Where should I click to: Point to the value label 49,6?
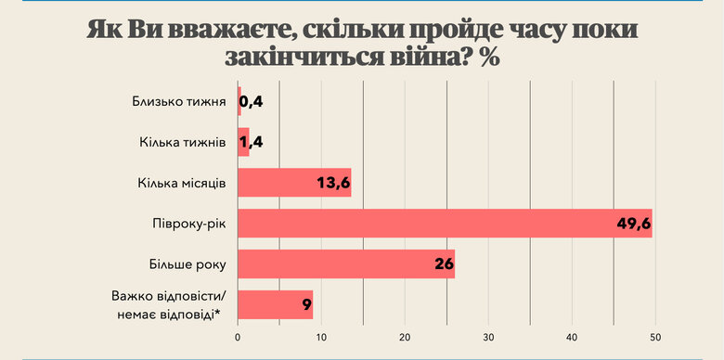(x=633, y=224)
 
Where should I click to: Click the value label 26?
(x=444, y=264)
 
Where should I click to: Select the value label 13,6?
(x=333, y=183)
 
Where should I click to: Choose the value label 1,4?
(x=252, y=143)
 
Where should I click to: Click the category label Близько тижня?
(x=180, y=101)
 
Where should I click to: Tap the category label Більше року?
(x=188, y=264)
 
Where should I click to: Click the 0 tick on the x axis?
(x=239, y=336)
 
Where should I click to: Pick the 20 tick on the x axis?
(x=406, y=336)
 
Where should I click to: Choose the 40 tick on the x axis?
(x=573, y=336)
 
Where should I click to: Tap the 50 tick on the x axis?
(x=656, y=336)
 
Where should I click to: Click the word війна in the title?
(x=418, y=57)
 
